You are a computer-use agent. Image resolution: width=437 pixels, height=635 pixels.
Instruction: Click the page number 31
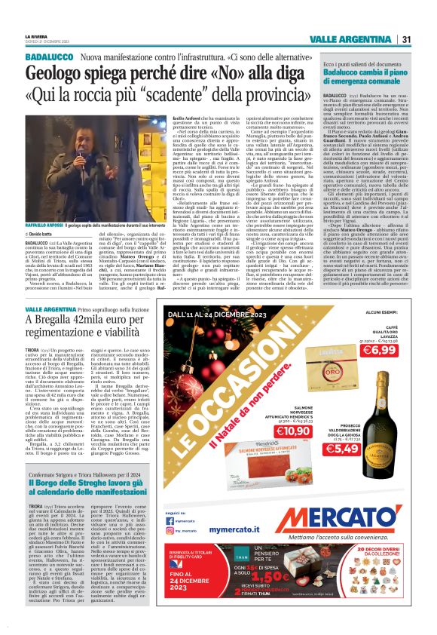coord(406,39)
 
